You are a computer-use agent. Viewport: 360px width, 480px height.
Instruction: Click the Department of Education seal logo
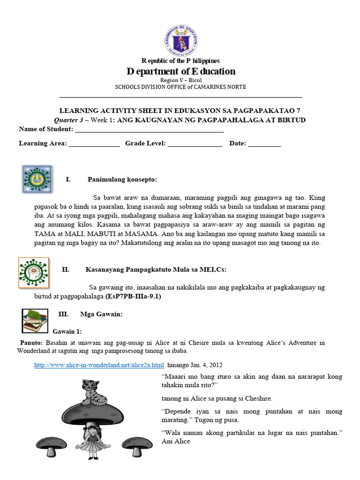[x=181, y=40]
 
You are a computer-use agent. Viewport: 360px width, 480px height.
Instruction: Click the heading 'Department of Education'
[x=181, y=71]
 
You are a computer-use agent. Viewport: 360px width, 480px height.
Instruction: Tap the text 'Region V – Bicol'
[x=181, y=80]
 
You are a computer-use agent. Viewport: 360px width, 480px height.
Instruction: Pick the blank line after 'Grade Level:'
[x=195, y=145]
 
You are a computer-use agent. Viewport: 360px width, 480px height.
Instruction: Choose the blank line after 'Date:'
[x=264, y=145]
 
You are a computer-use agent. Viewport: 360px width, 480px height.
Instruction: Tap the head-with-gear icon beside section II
[x=33, y=272]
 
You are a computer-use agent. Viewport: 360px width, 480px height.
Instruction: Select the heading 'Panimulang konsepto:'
[x=122, y=180]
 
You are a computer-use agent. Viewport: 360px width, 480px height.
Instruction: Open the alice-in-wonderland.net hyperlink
[x=99, y=365]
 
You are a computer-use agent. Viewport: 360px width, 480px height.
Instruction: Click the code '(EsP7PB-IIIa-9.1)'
[x=136, y=296]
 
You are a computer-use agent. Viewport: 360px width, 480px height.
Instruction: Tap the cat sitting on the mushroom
[x=92, y=392]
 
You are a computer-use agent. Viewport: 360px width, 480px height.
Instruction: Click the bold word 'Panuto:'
[x=31, y=343]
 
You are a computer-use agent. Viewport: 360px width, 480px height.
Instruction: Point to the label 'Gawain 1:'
[x=67, y=331]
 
